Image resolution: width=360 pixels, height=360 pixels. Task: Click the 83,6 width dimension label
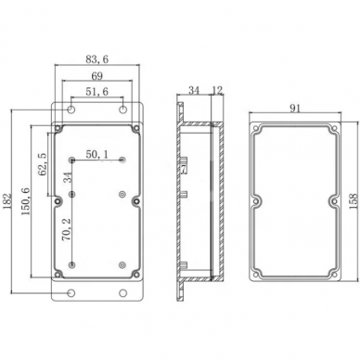[x=96, y=59]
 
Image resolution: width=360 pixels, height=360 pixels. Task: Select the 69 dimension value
[x=96, y=76]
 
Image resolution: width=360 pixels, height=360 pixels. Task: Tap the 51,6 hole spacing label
[x=96, y=92]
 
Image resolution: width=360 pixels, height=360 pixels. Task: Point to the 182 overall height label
[x=6, y=201]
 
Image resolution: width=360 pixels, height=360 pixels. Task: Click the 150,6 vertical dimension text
[x=25, y=201]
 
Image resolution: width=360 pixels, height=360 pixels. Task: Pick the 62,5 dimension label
[x=43, y=164]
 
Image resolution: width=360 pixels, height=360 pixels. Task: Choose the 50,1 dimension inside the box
[x=96, y=154]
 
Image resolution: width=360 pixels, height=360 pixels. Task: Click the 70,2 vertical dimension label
[x=67, y=229]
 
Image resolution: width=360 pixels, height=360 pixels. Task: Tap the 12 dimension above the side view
[x=217, y=90]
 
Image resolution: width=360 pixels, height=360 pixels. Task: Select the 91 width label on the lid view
[x=295, y=108]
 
